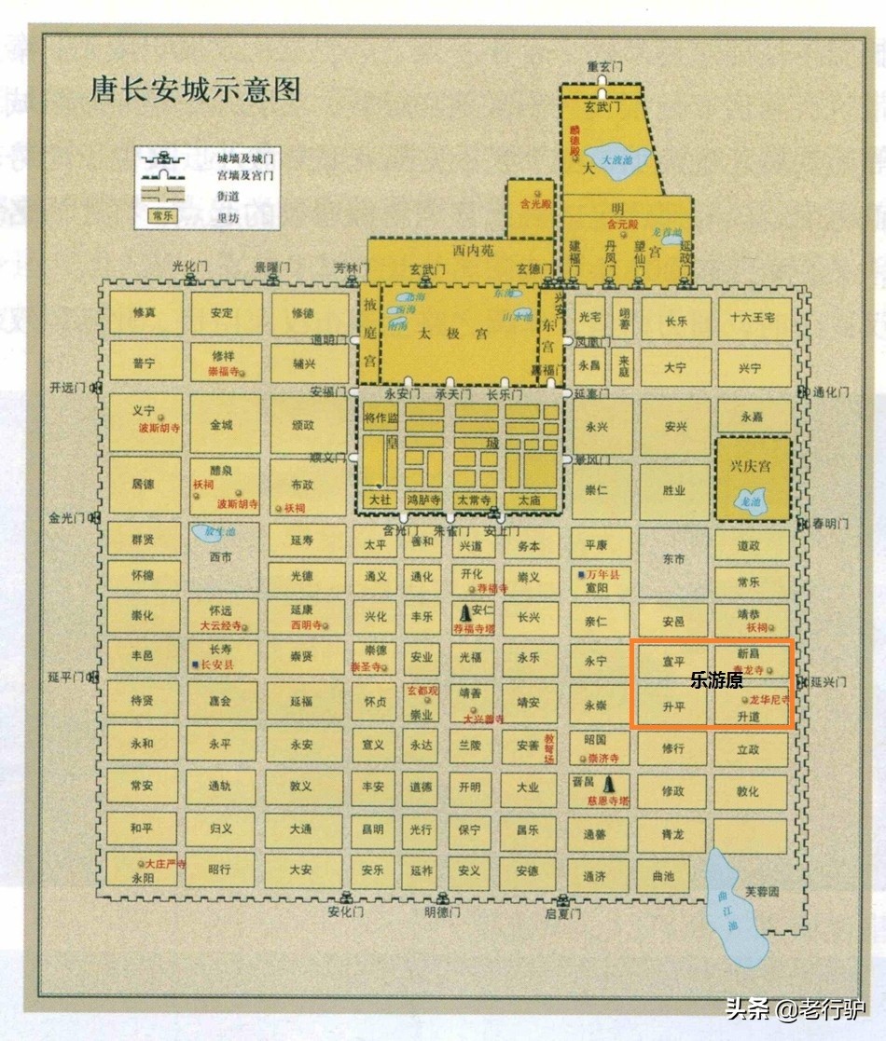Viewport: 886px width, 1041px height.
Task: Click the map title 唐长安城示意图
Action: click(195, 90)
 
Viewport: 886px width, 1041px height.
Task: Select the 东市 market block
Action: click(673, 560)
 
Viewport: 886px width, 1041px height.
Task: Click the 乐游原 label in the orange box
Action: click(716, 681)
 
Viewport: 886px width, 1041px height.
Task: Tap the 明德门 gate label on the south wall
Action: click(442, 912)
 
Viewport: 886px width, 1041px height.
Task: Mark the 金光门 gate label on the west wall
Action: click(67, 517)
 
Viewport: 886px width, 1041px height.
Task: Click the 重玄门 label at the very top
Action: click(604, 67)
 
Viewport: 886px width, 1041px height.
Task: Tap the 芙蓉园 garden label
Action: click(762, 891)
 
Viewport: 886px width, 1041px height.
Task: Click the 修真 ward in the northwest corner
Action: click(145, 313)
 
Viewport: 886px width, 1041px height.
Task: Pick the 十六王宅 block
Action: click(754, 319)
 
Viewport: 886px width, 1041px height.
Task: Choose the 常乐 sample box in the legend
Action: click(164, 216)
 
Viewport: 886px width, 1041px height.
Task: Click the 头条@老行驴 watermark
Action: click(796, 1007)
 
